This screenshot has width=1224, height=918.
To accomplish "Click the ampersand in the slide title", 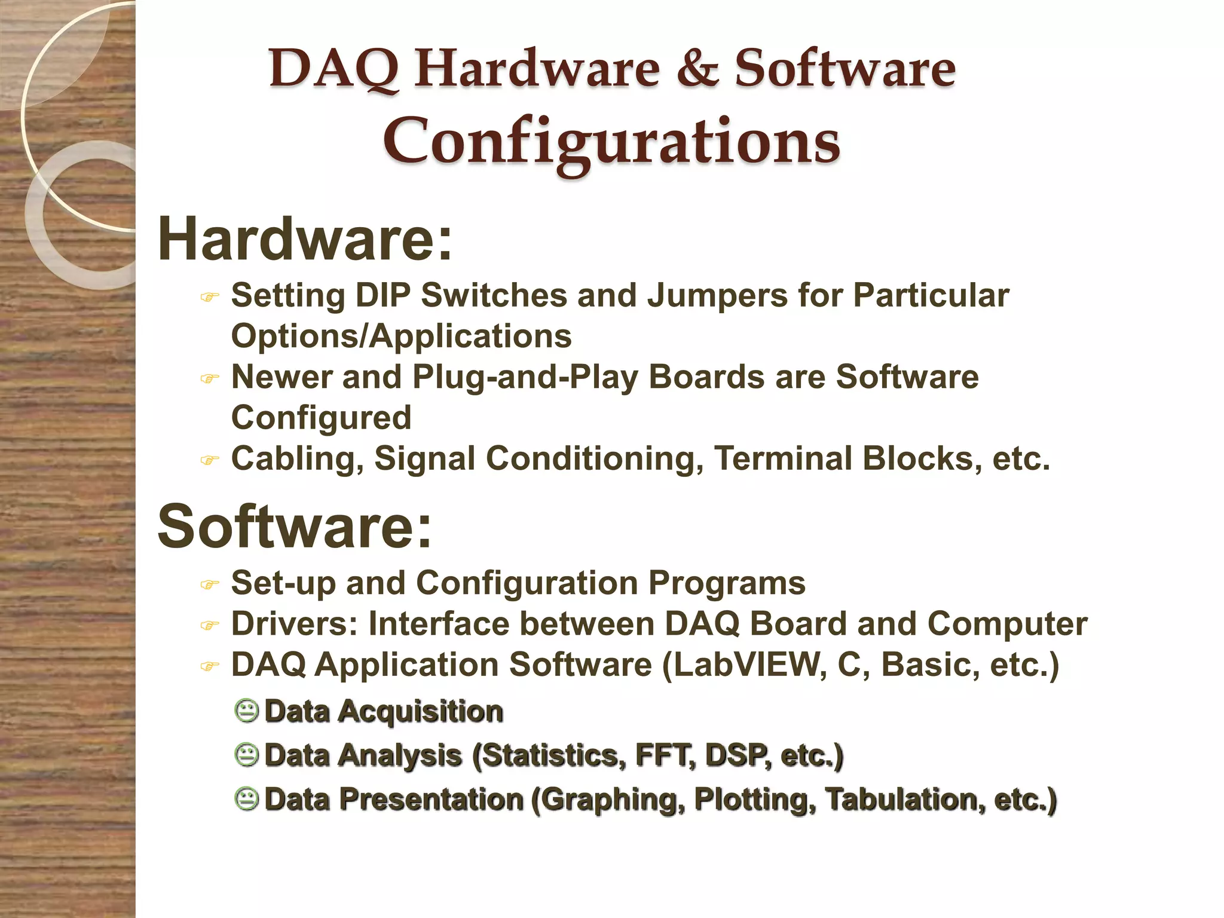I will click(697, 69).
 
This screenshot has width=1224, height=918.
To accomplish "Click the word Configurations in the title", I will click(611, 142).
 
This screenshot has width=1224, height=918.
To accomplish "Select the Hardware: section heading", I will click(305, 239).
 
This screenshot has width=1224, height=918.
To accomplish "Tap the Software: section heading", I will click(294, 526).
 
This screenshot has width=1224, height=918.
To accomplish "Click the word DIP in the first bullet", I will click(382, 295).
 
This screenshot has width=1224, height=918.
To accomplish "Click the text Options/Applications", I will click(401, 336).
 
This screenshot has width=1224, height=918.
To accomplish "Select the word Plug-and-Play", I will click(525, 378).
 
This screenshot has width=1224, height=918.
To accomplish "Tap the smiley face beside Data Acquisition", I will click(246, 711).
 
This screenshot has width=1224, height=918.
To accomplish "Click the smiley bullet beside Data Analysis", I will click(246, 755).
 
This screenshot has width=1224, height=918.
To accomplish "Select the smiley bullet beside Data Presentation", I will click(246, 799).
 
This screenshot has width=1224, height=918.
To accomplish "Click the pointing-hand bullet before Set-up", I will click(209, 585).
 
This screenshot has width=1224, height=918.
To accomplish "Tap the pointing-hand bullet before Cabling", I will click(209, 460).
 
